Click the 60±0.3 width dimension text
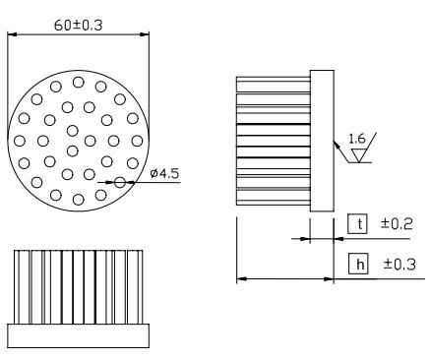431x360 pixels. [78, 26]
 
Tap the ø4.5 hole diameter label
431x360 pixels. [165, 173]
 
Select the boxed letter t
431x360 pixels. [357, 224]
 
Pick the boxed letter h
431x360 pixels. [358, 264]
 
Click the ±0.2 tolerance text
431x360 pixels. [397, 224]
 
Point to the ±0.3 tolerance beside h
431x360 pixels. [400, 265]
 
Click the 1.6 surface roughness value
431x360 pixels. [356, 139]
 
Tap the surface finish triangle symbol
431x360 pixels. [358, 155]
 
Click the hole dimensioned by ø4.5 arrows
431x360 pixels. [120, 182]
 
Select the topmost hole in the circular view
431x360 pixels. [78, 82]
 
